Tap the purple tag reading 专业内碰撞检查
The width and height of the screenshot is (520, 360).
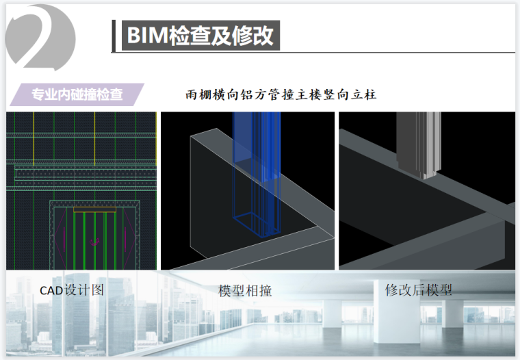77,94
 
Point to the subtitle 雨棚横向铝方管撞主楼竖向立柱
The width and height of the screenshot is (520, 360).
281,94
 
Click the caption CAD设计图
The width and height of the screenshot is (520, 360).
72,290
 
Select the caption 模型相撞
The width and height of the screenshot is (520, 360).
245,290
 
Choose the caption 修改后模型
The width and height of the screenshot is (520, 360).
419,290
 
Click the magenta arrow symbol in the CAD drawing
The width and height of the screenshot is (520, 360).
94,241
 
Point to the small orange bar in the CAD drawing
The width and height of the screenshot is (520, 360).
94,207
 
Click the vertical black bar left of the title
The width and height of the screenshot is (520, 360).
114,36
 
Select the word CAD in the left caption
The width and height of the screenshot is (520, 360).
52,290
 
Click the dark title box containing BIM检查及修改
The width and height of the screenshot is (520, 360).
200,35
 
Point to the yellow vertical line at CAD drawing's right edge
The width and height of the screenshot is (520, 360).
156,137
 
